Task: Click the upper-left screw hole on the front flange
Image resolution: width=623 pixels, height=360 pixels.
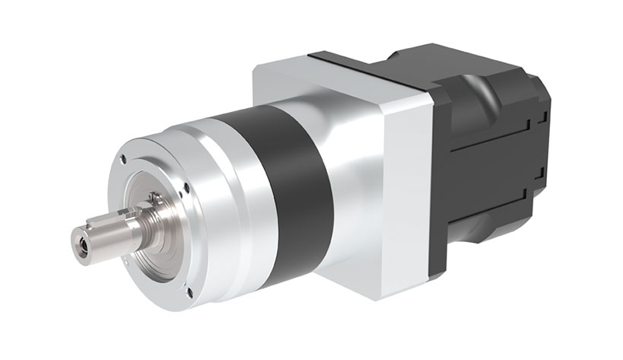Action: [x=122, y=161]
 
